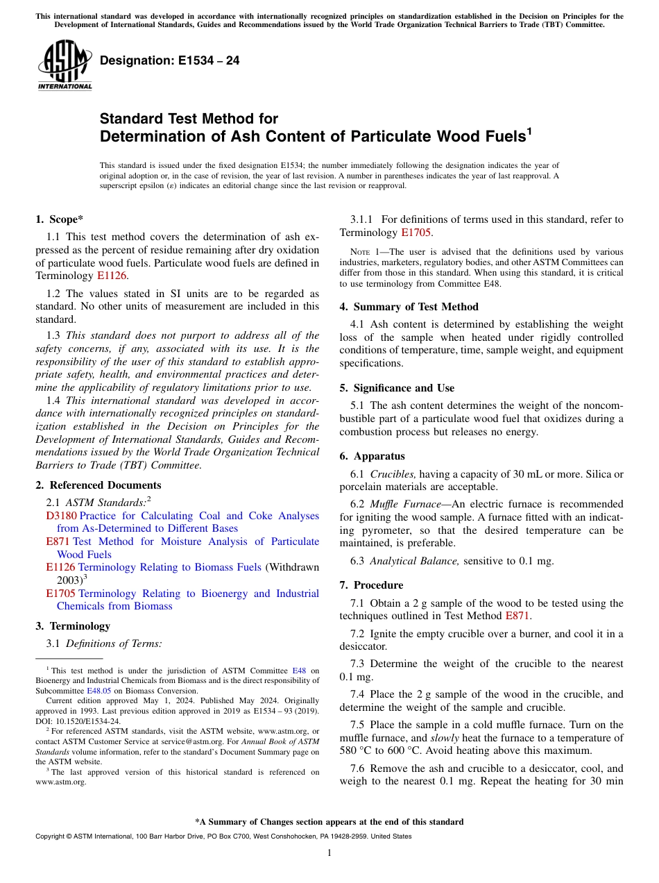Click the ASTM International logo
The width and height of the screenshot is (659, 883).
click(x=65, y=65)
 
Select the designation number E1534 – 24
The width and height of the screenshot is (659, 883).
click(x=170, y=61)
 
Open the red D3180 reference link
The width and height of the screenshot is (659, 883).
click(x=61, y=516)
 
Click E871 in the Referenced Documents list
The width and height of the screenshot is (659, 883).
click(x=58, y=541)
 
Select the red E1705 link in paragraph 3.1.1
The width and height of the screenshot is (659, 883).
click(x=417, y=233)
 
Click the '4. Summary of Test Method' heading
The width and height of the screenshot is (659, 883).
click(x=409, y=307)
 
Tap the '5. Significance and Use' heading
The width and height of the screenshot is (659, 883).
click(x=397, y=388)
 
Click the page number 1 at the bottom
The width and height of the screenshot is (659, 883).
click(x=329, y=853)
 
